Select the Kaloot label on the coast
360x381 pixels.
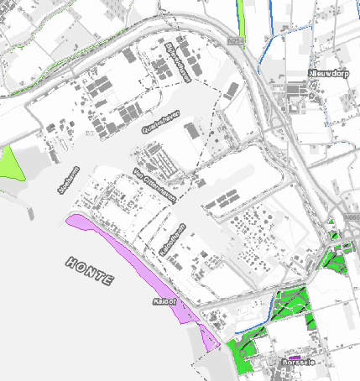pyautogui.click(x=164, y=300)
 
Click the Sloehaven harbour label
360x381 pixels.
pyautogui.click(x=61, y=180)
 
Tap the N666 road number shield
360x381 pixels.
pyautogui.click(x=352, y=219)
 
